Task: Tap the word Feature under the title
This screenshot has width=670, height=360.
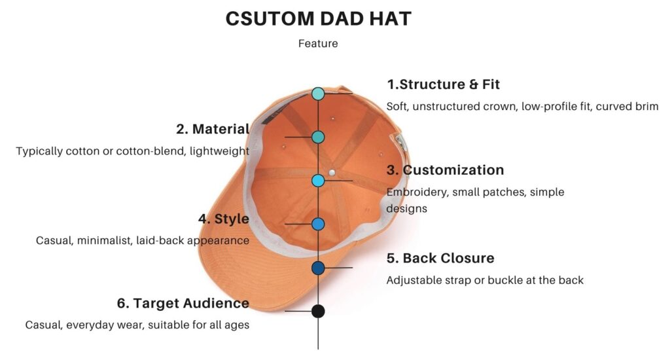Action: tap(318, 44)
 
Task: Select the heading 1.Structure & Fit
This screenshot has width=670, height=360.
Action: tap(443, 84)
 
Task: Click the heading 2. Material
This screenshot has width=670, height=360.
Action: tap(213, 129)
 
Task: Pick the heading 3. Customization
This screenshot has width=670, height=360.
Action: tap(445, 170)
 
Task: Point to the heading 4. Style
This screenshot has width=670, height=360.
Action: tap(224, 219)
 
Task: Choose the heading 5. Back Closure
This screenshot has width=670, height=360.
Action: tap(440, 258)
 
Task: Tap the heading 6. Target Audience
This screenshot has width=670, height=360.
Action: tap(183, 302)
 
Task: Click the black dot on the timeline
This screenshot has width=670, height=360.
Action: tap(318, 312)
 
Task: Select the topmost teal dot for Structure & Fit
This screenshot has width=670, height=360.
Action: tap(318, 94)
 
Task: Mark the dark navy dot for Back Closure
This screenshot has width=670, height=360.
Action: tap(318, 268)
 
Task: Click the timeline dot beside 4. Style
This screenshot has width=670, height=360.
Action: tap(318, 224)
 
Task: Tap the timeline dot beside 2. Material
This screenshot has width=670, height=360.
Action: tap(318, 137)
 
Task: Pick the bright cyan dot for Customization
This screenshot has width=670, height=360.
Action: tap(318, 181)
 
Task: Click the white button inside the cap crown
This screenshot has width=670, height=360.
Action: tap(332, 173)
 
